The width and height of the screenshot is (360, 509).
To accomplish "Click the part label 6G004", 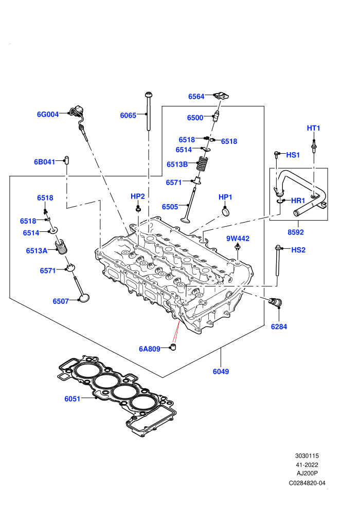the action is click(x=48, y=114).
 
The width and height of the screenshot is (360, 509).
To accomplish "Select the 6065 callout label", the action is click(x=128, y=116).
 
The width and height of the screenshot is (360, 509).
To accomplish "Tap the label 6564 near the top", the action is click(x=196, y=97).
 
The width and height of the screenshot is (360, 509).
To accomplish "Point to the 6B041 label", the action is click(x=44, y=161).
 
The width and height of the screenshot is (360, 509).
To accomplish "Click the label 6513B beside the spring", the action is click(x=177, y=165).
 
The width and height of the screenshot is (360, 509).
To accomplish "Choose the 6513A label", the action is click(x=37, y=250).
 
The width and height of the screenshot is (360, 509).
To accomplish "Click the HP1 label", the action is click(x=225, y=197).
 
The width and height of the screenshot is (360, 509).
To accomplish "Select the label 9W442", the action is click(x=238, y=239).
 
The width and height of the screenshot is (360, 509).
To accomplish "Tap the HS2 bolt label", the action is click(x=298, y=250).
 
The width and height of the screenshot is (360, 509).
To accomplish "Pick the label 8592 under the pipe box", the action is click(x=296, y=232).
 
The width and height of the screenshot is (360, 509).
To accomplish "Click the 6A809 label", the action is click(x=150, y=349).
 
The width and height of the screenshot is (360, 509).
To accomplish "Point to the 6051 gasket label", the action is click(x=73, y=399).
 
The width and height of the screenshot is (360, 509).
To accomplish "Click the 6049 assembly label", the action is click(x=221, y=371).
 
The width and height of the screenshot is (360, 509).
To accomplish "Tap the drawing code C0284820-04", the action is click(x=307, y=483).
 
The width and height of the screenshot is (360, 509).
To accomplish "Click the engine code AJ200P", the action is click(x=307, y=474).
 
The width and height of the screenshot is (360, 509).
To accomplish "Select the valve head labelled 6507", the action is click(x=84, y=298).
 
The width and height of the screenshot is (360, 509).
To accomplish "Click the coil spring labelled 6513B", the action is click(x=203, y=165).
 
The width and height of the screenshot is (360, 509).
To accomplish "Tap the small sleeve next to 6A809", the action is click(x=174, y=348).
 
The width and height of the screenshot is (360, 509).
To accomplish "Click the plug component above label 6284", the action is click(x=276, y=302).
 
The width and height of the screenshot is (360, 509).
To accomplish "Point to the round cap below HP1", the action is click(x=226, y=212).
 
